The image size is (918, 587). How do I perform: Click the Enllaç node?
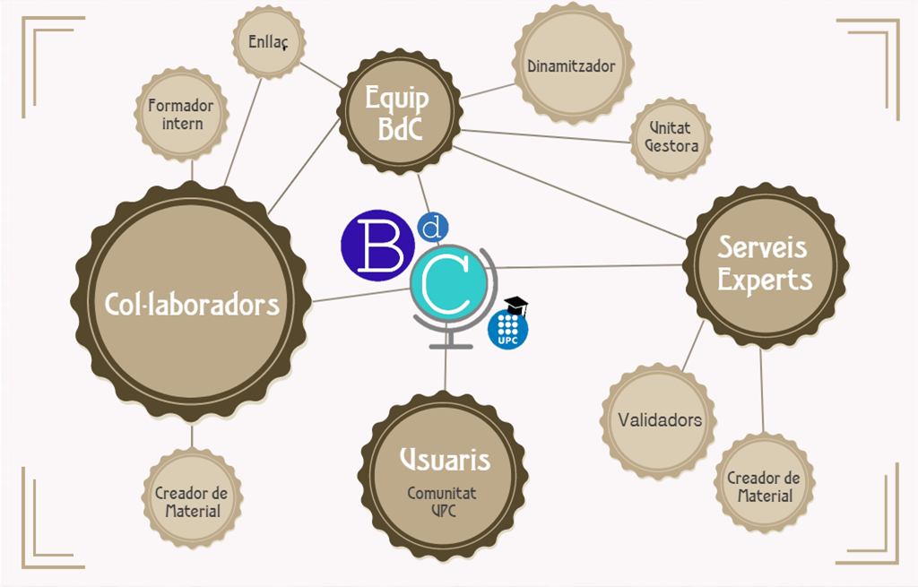point(268,41)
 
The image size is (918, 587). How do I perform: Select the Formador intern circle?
point(182,115)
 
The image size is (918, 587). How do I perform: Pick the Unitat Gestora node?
point(671,137)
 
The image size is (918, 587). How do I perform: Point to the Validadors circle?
point(660,419)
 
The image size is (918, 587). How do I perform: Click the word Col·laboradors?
point(193,304)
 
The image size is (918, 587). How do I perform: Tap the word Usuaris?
point(445,459)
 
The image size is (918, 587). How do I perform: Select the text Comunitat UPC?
point(442,501)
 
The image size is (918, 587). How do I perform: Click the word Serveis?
point(763,246)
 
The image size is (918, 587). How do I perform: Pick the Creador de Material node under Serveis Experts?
point(764,486)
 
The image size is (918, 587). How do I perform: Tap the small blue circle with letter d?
point(433,229)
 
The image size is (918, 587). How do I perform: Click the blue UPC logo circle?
point(507,329)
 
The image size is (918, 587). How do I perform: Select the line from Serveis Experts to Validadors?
point(692,346)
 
